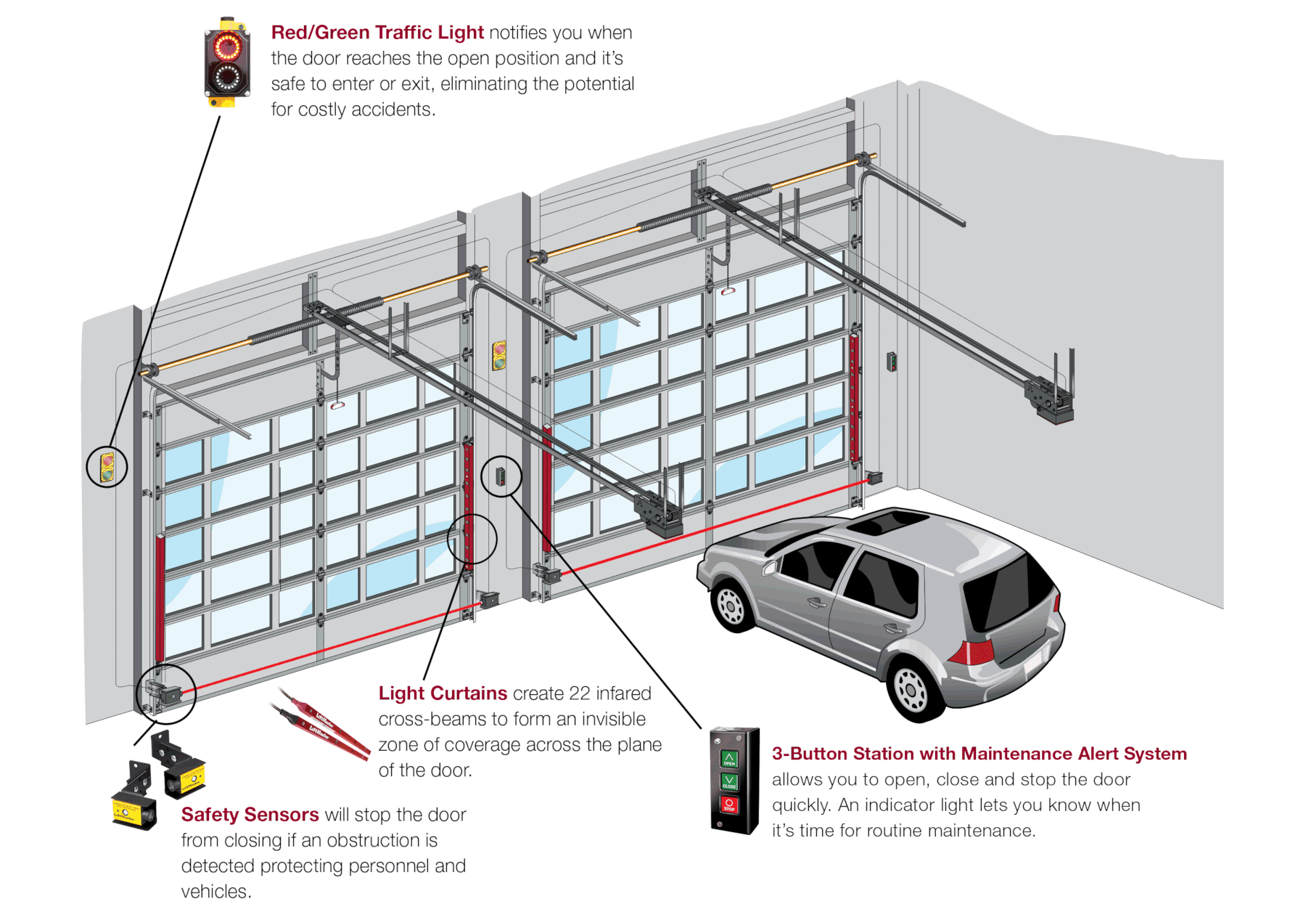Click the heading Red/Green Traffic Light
[x=377, y=33]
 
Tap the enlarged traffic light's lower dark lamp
[x=227, y=76]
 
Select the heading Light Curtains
[x=443, y=693]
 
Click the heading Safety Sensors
[x=250, y=815]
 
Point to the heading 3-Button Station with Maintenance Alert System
[x=979, y=754]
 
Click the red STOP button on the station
[x=729, y=805]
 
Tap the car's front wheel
[x=731, y=604]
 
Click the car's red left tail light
[x=971, y=652]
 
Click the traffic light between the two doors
[x=499, y=356]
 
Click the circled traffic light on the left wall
[x=107, y=466]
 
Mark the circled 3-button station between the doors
[x=501, y=476]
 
